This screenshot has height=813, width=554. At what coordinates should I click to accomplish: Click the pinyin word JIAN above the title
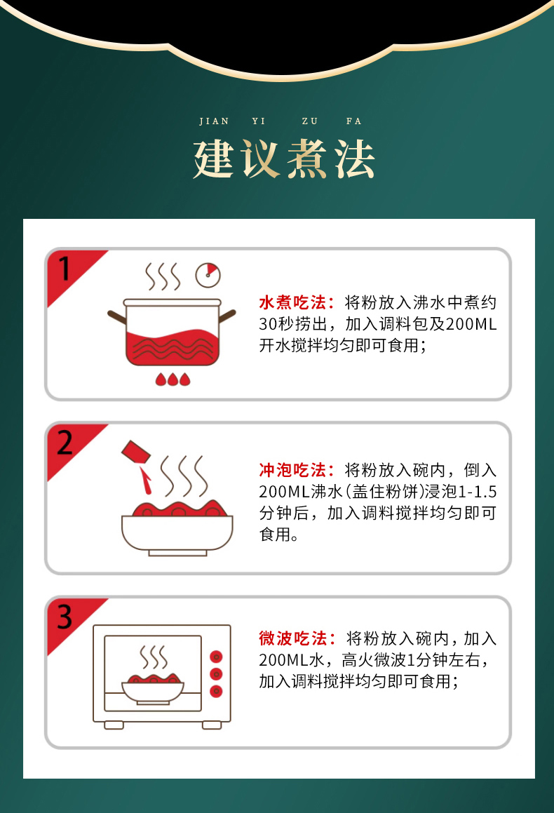click(x=214, y=121)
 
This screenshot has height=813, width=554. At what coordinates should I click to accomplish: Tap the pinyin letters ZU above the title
click(x=309, y=121)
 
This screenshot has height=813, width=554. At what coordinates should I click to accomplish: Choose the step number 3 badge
click(x=65, y=617)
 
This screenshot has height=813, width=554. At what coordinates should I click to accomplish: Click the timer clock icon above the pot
click(x=208, y=274)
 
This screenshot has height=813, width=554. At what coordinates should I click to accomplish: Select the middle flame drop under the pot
click(x=172, y=379)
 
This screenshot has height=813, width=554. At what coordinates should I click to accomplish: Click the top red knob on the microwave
click(x=217, y=657)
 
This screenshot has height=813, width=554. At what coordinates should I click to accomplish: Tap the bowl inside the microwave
click(x=153, y=689)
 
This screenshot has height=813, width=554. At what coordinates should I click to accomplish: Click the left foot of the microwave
click(x=114, y=724)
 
